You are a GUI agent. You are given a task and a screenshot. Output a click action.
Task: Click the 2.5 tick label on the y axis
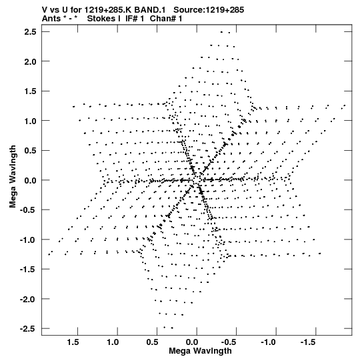click(30, 32)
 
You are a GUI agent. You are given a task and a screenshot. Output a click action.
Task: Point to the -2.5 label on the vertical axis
click(28, 328)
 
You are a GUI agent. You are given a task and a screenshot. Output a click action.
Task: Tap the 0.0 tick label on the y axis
click(30, 180)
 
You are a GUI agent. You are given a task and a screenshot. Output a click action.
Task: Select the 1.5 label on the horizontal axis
click(73, 342)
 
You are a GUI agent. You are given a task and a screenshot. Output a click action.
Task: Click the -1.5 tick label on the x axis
click(307, 342)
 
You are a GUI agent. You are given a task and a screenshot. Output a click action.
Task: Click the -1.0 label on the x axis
click(268, 342)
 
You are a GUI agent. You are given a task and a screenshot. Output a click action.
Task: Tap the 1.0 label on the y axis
click(30, 121)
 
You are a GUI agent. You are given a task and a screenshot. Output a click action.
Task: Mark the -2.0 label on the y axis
click(28, 299)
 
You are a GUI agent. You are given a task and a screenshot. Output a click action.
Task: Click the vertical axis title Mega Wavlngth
click(13, 177)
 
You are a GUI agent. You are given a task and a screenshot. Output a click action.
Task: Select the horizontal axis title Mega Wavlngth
click(200, 351)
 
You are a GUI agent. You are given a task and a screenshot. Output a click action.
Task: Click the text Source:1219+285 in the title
click(209, 10)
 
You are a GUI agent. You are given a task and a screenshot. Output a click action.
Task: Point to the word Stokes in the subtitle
click(103, 19)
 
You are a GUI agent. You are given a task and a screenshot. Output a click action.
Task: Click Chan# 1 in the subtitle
click(166, 19)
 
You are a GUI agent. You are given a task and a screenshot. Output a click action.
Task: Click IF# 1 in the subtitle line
click(135, 19)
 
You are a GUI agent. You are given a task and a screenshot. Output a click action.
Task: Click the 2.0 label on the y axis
click(30, 61)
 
